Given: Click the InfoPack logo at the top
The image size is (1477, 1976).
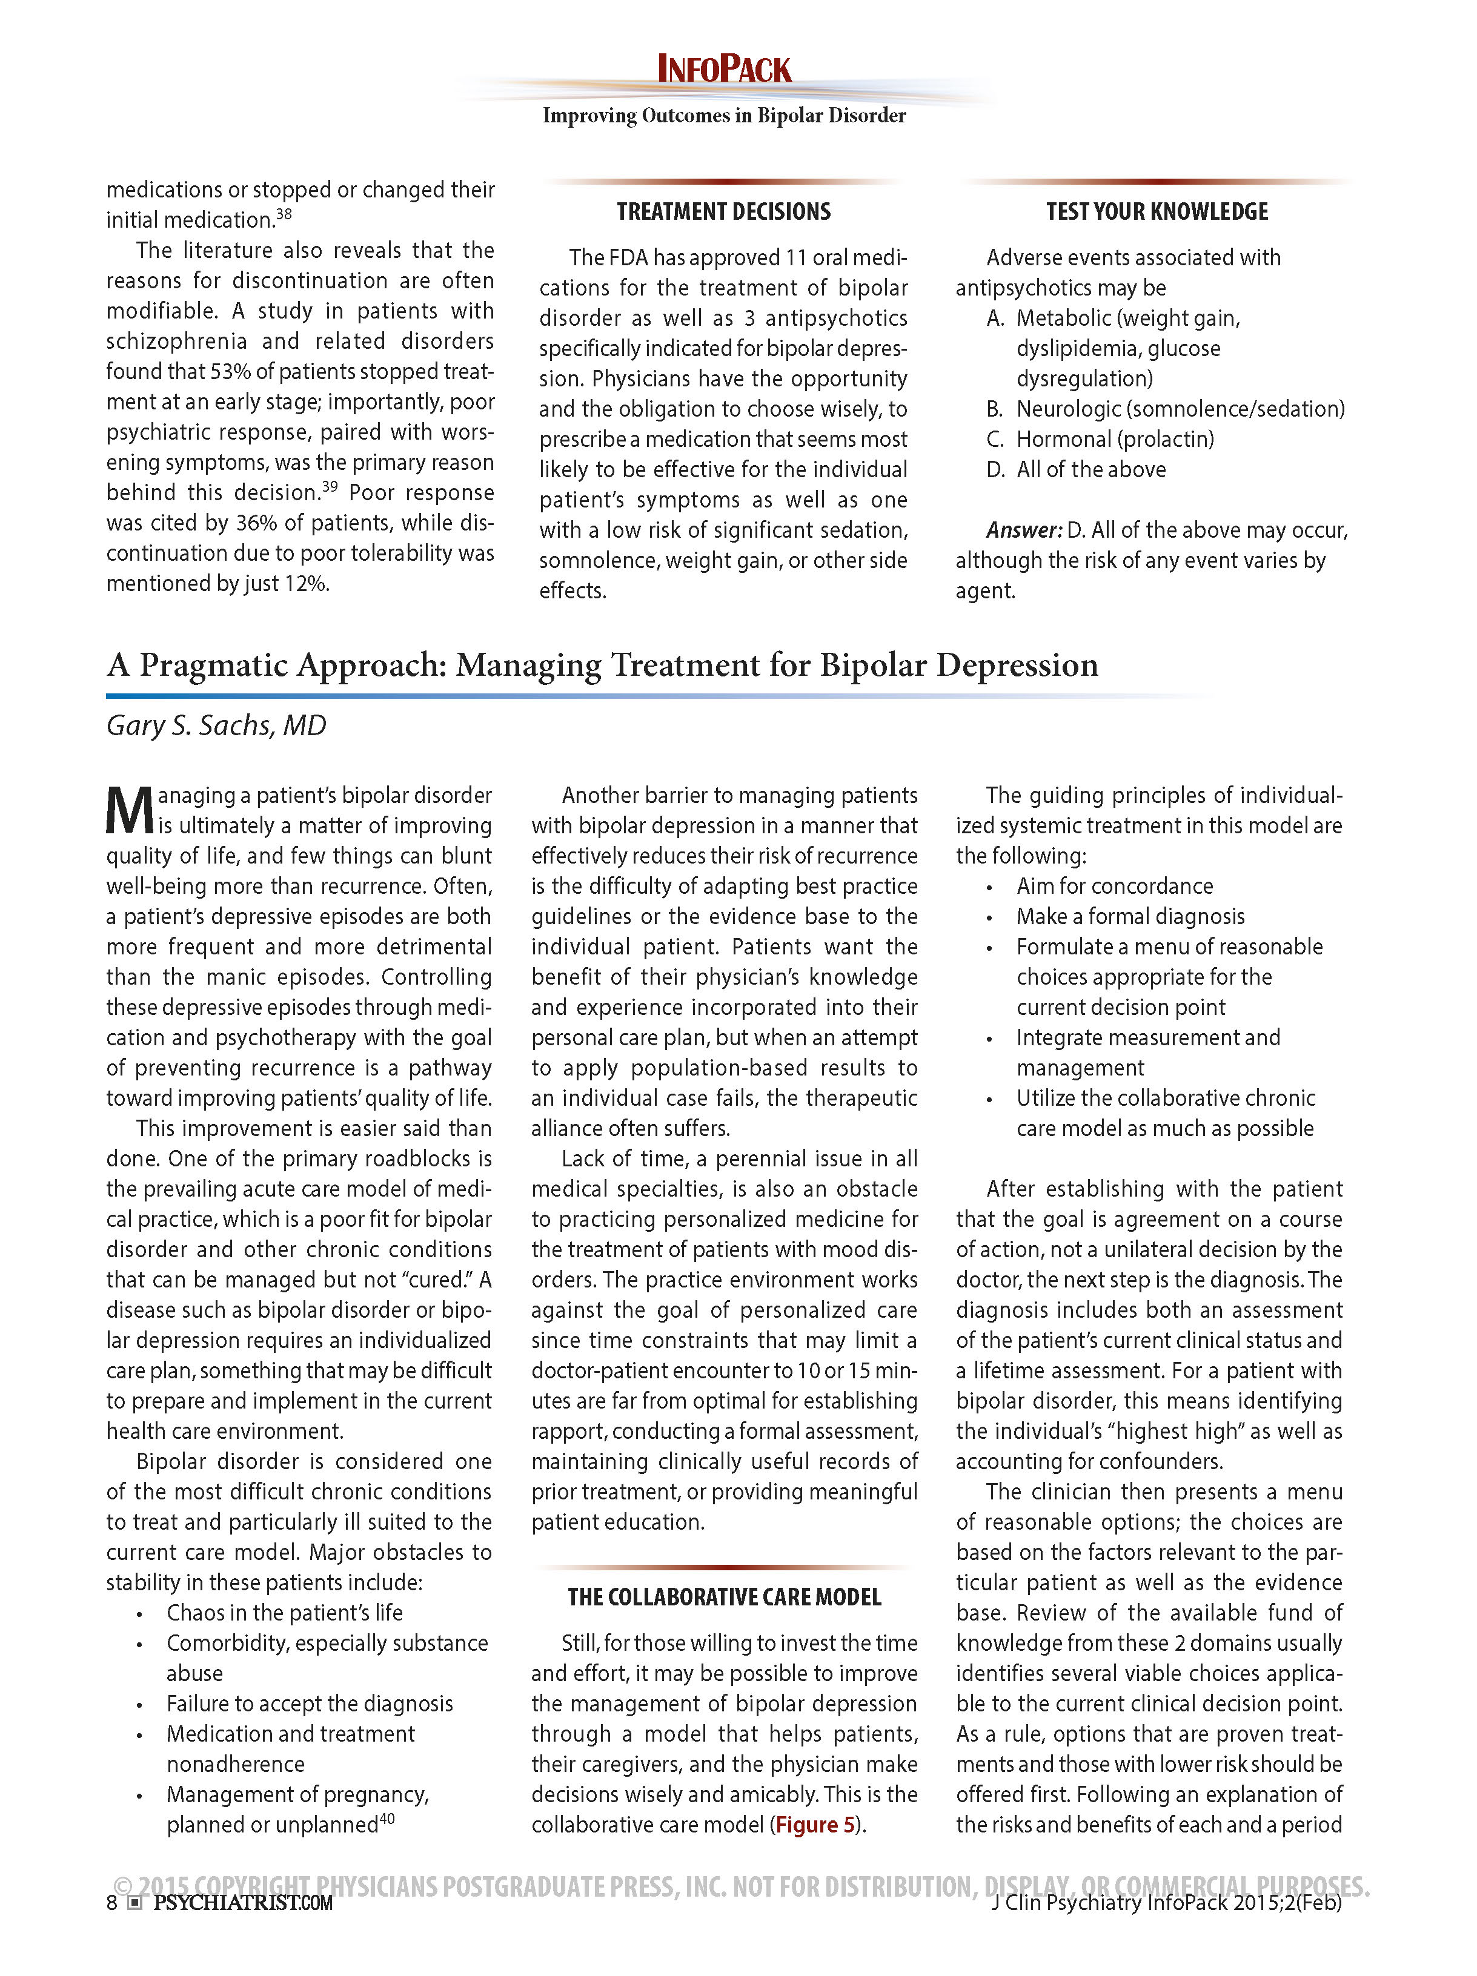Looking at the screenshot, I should click(724, 70).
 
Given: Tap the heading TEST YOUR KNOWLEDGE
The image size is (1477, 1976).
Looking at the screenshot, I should click(1157, 212).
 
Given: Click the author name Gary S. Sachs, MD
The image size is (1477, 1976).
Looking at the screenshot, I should click(216, 725).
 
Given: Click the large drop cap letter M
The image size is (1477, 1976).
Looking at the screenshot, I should click(130, 810).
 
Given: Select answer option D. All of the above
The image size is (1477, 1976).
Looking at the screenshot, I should click(1076, 470).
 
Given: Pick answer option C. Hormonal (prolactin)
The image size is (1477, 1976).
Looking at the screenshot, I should click(1100, 440).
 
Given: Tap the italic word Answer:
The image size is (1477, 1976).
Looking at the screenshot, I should click(1023, 530).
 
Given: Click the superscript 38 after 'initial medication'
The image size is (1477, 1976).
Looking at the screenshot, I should click(284, 214).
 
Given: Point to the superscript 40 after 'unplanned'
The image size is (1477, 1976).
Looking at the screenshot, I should click(387, 1818).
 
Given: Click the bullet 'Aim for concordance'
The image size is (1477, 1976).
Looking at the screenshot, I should click(1114, 886).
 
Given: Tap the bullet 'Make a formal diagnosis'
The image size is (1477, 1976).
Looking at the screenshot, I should click(1129, 916).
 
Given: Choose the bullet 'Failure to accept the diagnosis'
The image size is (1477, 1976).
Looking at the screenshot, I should click(309, 1703).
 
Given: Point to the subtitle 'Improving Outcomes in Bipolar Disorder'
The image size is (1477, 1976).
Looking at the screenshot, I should click(724, 116).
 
